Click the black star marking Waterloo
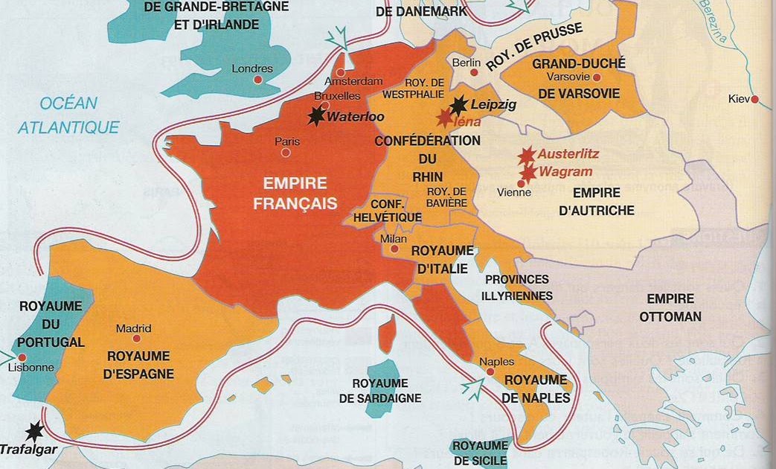pyautogui.click(x=318, y=115)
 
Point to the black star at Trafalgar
pyautogui.click(x=33, y=431)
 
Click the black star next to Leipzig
pyautogui.click(x=459, y=106)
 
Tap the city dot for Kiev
pyautogui.click(x=754, y=99)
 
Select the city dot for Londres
pyautogui.click(x=257, y=80)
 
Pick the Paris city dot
pyautogui.click(x=285, y=153)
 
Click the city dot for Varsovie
pyautogui.click(x=596, y=77)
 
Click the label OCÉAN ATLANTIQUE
pyautogui.click(x=68, y=115)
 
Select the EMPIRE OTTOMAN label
pyautogui.click(x=670, y=307)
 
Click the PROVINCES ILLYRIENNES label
pyautogui.click(x=519, y=287)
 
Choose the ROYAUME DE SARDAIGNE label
pyautogui.click(x=380, y=390)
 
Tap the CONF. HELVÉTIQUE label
pyautogui.click(x=397, y=210)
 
